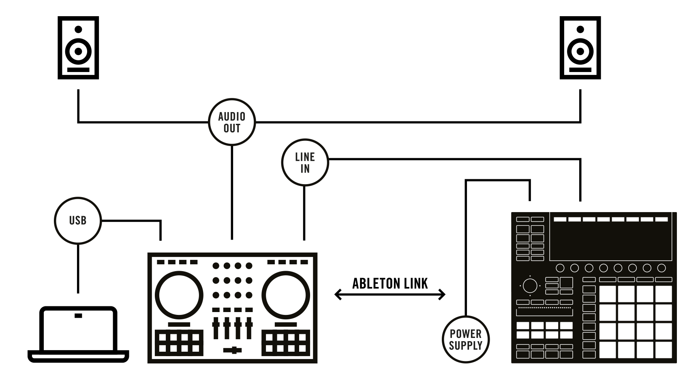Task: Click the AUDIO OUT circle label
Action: click(232, 122)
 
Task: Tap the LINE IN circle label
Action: click(305, 163)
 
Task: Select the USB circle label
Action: click(77, 221)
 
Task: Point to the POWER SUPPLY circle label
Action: click(465, 340)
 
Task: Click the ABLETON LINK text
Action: click(390, 283)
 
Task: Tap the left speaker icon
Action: click(78, 48)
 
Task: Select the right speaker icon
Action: click(580, 48)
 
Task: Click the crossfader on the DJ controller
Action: click(232, 351)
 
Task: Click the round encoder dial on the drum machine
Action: click(529, 286)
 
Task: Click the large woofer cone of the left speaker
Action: click(78, 51)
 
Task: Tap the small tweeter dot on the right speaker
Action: click(580, 29)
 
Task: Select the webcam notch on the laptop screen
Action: click(78, 316)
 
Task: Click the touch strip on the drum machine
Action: click(544, 312)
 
